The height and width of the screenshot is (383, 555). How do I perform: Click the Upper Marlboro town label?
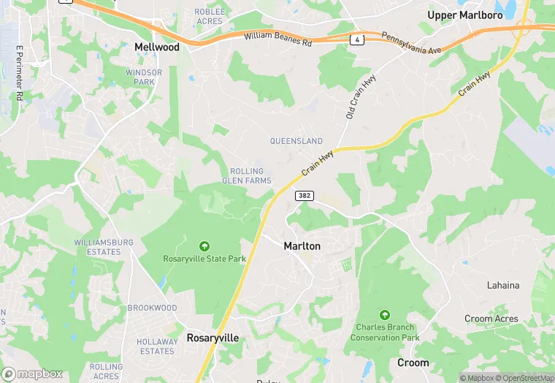464,15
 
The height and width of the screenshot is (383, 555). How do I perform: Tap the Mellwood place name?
157,47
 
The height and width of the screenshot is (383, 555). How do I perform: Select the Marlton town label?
302,246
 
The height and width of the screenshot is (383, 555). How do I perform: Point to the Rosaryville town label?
213,338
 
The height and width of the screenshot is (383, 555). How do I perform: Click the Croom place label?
413,363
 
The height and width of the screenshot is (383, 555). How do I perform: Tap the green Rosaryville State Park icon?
204,246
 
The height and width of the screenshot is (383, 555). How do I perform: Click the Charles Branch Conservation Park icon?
385,314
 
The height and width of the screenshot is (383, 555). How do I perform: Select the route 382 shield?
305,196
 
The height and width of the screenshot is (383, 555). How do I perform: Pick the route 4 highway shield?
357,38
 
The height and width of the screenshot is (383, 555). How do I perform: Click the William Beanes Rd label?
277,39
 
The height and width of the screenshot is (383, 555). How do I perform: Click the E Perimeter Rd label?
19,72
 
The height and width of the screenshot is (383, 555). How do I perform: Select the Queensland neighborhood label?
296,141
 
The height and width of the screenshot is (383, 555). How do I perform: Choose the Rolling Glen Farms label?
247,176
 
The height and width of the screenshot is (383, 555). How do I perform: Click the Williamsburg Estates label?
103,247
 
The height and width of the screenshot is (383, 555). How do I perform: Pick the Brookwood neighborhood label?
152,308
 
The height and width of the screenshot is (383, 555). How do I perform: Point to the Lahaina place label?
503,285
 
